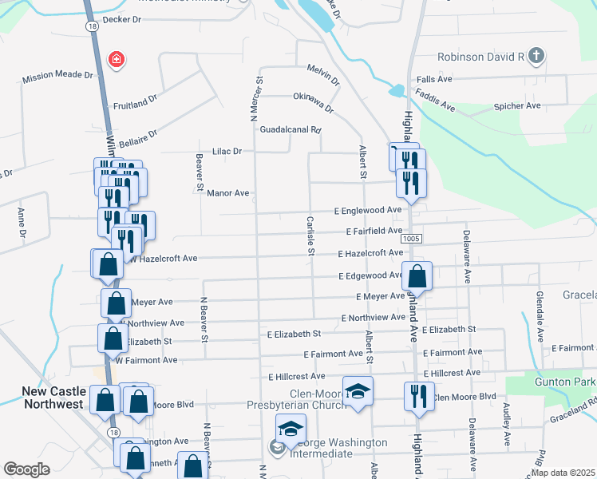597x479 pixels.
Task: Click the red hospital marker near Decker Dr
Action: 117,59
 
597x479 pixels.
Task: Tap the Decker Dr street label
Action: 121,18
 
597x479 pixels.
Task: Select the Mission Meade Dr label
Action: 57,77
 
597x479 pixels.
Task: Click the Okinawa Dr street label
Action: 313,101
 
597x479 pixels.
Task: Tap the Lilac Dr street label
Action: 227,150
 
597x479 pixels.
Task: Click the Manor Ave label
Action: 228,193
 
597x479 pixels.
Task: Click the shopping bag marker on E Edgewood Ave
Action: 417,278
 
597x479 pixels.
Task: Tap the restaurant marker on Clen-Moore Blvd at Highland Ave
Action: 418,395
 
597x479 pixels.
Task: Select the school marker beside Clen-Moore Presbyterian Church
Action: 358,391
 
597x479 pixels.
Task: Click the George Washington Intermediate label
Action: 320,448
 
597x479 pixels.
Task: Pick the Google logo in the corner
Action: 26,469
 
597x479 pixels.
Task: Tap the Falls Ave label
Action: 434,80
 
